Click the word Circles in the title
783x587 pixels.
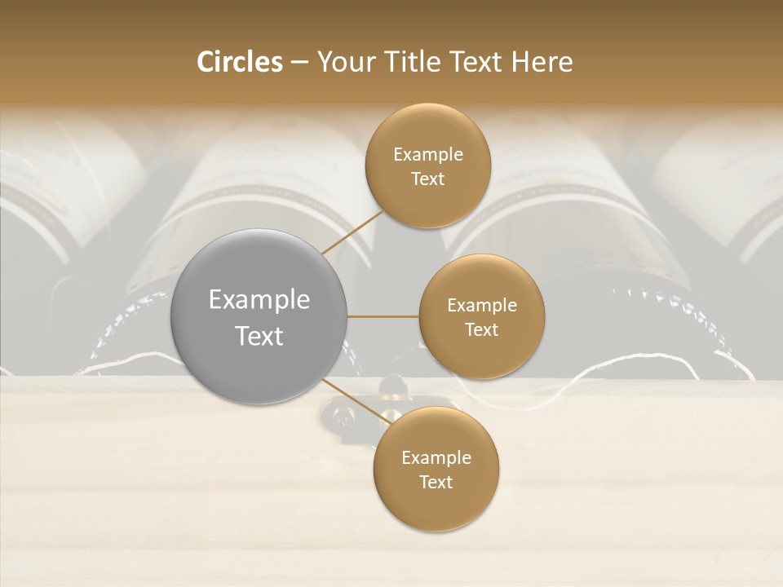click(x=239, y=62)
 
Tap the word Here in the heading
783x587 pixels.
click(x=542, y=62)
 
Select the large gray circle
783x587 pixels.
click(x=259, y=316)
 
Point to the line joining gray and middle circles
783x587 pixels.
click(x=383, y=316)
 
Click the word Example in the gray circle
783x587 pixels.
click(x=259, y=300)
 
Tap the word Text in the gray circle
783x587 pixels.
click(x=259, y=336)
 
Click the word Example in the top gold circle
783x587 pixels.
click(x=428, y=155)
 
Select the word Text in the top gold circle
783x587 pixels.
click(x=428, y=179)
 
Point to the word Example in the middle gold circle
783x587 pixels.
click(x=482, y=306)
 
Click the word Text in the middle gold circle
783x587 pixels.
click(x=482, y=329)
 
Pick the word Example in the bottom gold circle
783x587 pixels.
click(x=436, y=458)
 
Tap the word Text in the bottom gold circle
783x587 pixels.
click(x=436, y=482)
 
